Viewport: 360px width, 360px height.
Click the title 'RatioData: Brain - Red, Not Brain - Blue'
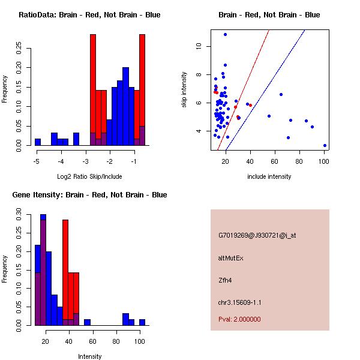[89, 14]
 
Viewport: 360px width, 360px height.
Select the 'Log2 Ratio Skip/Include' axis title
[89, 176]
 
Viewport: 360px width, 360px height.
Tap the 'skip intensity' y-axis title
[184, 90]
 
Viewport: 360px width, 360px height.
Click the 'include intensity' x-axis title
[269, 176]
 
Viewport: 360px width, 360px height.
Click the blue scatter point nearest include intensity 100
[325, 145]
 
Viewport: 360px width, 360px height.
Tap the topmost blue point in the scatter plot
[225, 34]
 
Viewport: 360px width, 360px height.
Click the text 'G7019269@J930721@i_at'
[257, 235]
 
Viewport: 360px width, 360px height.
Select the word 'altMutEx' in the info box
[231, 258]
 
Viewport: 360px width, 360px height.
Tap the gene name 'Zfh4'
[226, 280]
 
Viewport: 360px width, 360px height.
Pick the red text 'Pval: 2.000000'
[239, 319]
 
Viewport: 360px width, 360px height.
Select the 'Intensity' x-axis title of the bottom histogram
[89, 356]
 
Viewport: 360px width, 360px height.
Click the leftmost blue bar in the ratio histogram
[38, 142]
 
